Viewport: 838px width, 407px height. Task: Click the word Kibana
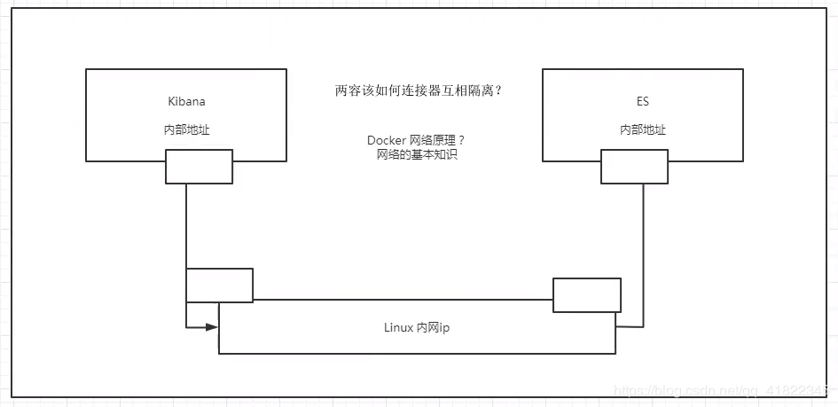click(186, 101)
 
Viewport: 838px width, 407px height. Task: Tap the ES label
click(643, 101)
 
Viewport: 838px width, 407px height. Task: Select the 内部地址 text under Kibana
click(187, 129)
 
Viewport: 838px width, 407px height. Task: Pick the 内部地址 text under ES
click(643, 129)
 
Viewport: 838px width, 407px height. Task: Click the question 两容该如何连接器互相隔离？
click(419, 91)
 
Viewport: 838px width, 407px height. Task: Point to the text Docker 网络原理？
click(416, 141)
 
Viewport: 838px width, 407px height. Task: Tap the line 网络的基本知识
click(416, 155)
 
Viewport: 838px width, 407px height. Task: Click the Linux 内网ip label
click(418, 326)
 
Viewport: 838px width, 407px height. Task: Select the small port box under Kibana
click(199, 167)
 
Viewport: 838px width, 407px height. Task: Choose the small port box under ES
click(634, 167)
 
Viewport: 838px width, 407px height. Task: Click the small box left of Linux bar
click(219, 285)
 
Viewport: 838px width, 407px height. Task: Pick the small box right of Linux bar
click(587, 294)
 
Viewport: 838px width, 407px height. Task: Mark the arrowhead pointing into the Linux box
click(212, 326)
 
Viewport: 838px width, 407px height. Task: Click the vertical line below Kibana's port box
click(186, 226)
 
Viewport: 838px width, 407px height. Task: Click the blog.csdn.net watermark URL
click(724, 391)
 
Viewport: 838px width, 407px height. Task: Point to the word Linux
click(399, 326)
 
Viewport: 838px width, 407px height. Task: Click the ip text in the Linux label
click(446, 326)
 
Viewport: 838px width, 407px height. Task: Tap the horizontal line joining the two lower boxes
click(403, 300)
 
